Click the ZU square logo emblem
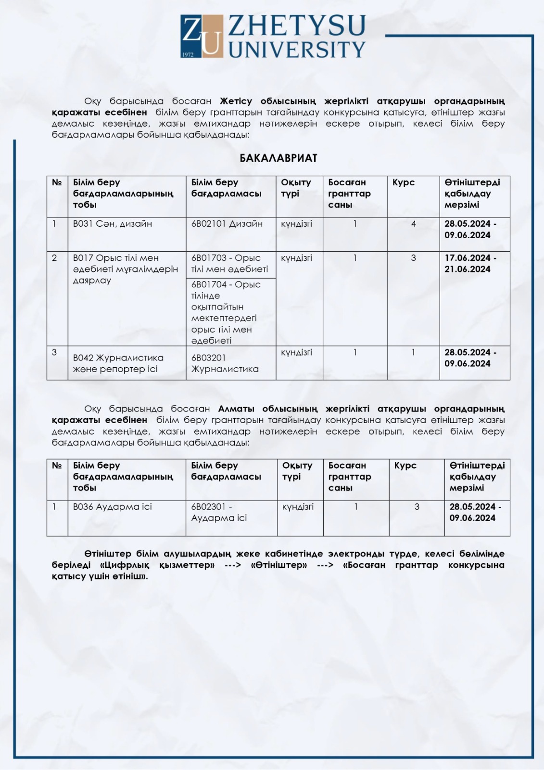coord(202,36)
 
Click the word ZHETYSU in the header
coord(297,26)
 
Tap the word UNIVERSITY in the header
coord(297,49)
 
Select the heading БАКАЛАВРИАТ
coord(278,158)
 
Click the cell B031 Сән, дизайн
coord(113,224)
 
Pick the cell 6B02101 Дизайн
coord(227,224)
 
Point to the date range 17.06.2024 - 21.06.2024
coord(470,264)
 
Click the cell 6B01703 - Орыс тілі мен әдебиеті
coord(229,264)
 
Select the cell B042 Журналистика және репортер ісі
coord(118,363)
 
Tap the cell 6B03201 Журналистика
coord(225,363)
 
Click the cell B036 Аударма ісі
coord(113,507)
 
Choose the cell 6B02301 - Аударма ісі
coord(219,513)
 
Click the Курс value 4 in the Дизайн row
coord(414,224)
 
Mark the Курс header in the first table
coord(403,182)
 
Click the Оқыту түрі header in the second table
coord(297,471)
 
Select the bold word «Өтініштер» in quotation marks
coord(279,565)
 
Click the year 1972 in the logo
coord(188,54)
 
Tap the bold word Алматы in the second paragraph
coord(236,409)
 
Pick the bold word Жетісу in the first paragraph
coord(236,101)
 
